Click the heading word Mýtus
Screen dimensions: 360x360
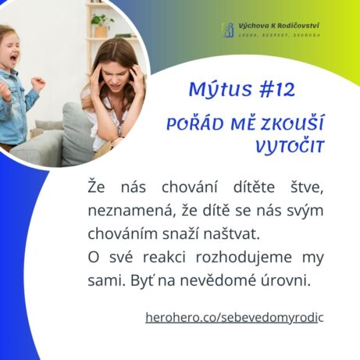coord(220,90)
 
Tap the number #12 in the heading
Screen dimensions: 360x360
coord(277,90)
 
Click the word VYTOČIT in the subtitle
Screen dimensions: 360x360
coord(290,147)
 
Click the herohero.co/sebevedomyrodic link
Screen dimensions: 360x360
coord(234,318)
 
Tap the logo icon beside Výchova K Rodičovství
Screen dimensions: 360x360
coord(229,30)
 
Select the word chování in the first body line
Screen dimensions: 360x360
coord(190,187)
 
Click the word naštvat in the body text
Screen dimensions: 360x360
coord(232,234)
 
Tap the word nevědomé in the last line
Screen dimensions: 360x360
coord(218,280)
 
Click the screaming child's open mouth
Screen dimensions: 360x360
coord(13,59)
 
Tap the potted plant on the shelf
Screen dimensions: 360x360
coord(102,25)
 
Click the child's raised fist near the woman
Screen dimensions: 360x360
coord(38,84)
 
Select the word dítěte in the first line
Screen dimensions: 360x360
coord(254,187)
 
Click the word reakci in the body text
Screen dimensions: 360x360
coord(164,257)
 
